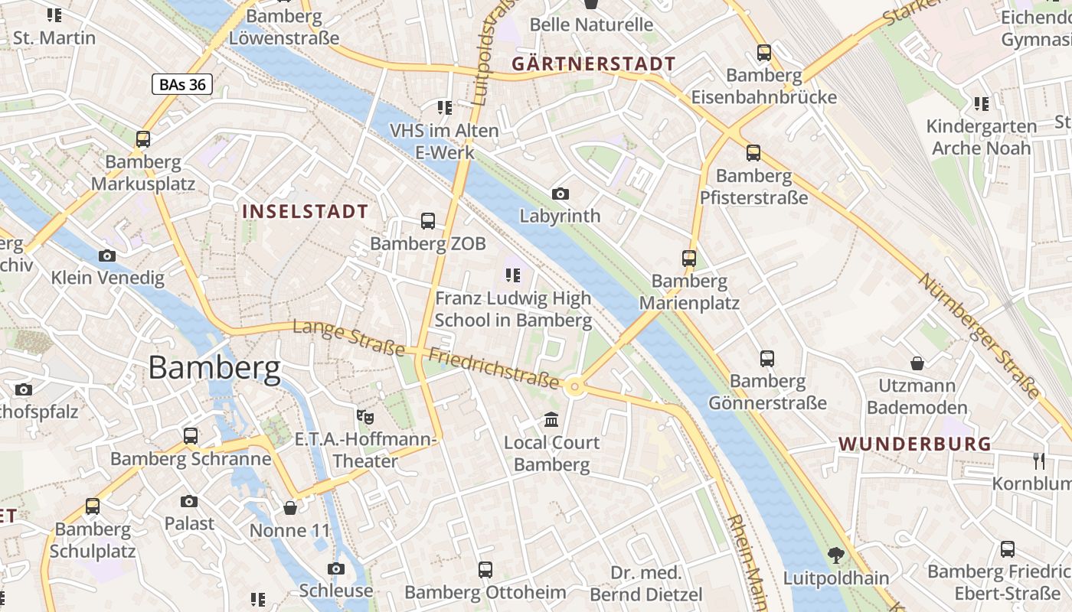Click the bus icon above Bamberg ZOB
[x=428, y=221]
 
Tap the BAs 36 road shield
[x=181, y=84]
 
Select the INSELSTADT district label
[x=306, y=212]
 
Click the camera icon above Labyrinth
[x=561, y=194]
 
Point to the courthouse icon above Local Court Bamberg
[x=551, y=419]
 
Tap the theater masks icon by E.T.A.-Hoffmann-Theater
[x=365, y=417]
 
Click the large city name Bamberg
[x=214, y=369]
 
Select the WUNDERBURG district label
[x=914, y=444]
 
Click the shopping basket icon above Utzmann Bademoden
[x=917, y=363]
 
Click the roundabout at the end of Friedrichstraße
[x=574, y=388]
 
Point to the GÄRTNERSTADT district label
[x=593, y=64]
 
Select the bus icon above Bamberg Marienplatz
[x=689, y=259]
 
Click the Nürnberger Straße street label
[x=980, y=337]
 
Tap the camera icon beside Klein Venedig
[x=107, y=256]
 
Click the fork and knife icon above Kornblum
[x=1038, y=461]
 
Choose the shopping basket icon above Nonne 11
[x=290, y=508]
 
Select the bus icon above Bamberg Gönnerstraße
[x=767, y=358]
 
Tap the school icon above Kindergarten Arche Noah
[x=981, y=103]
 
